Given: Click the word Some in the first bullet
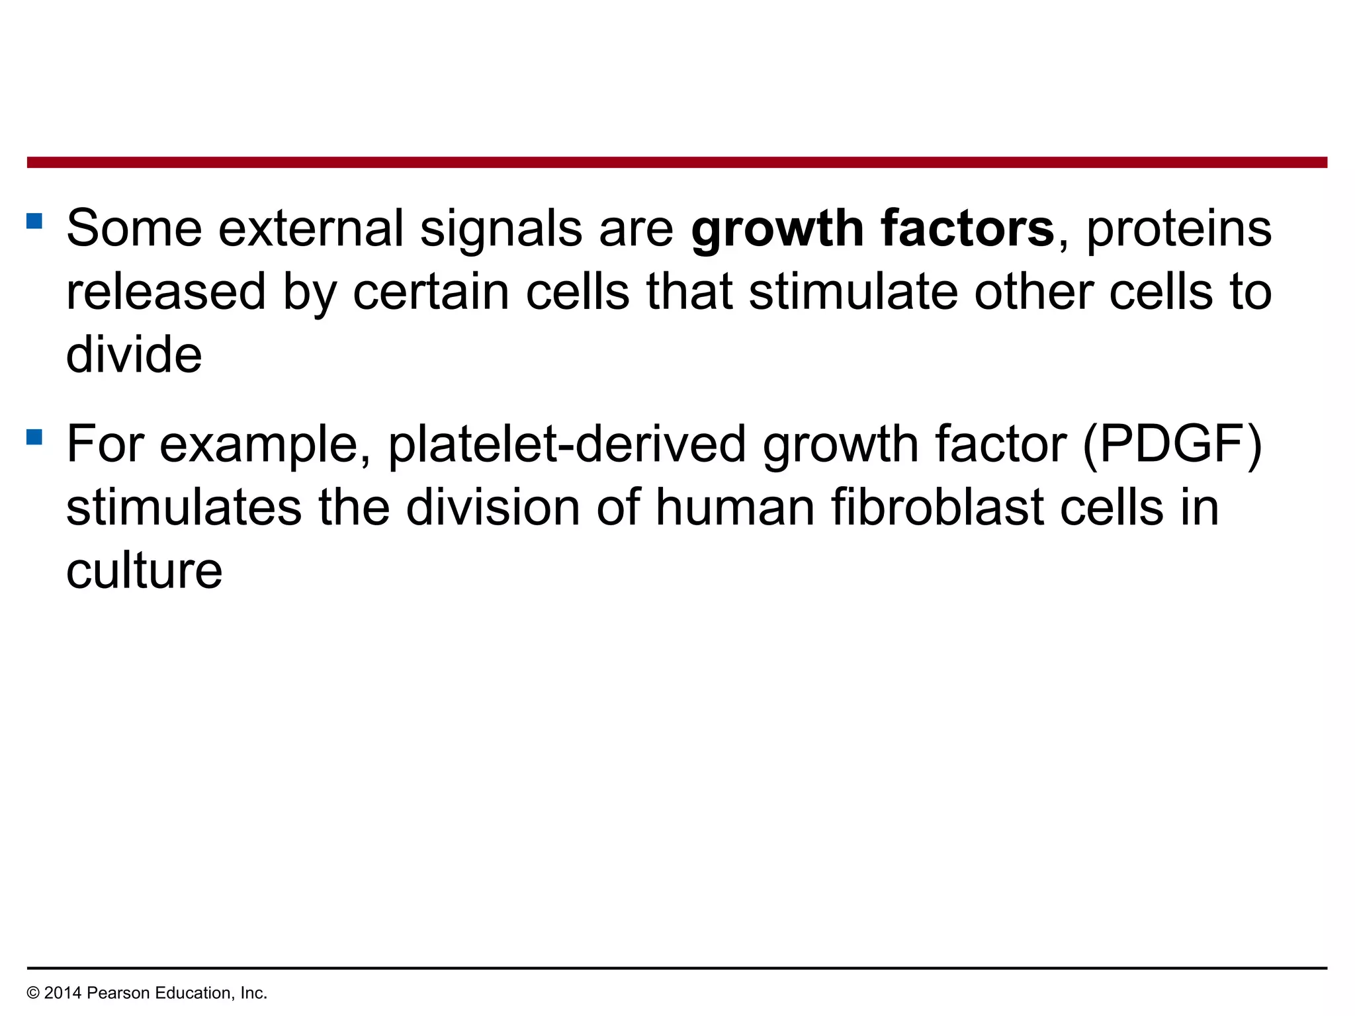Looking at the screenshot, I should pyautogui.click(x=134, y=228).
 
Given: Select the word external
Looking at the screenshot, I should pyautogui.click(x=310, y=228).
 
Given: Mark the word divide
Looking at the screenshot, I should pyautogui.click(x=134, y=355).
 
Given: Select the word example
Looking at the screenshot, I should pyautogui.click(x=264, y=444).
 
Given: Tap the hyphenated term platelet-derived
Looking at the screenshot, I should pyautogui.click(x=566, y=444).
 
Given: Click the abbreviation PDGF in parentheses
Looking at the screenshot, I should pyautogui.click(x=1171, y=444).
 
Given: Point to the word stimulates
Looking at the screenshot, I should pyautogui.click(x=184, y=507).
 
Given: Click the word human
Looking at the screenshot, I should pyautogui.click(x=734, y=507).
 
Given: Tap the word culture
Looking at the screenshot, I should pyautogui.click(x=144, y=571).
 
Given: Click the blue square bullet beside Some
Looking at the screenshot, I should pyautogui.click(x=34, y=220).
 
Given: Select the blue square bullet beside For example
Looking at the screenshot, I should pyautogui.click(x=34, y=437).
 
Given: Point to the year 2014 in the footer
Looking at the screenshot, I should pyautogui.click(x=63, y=993).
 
